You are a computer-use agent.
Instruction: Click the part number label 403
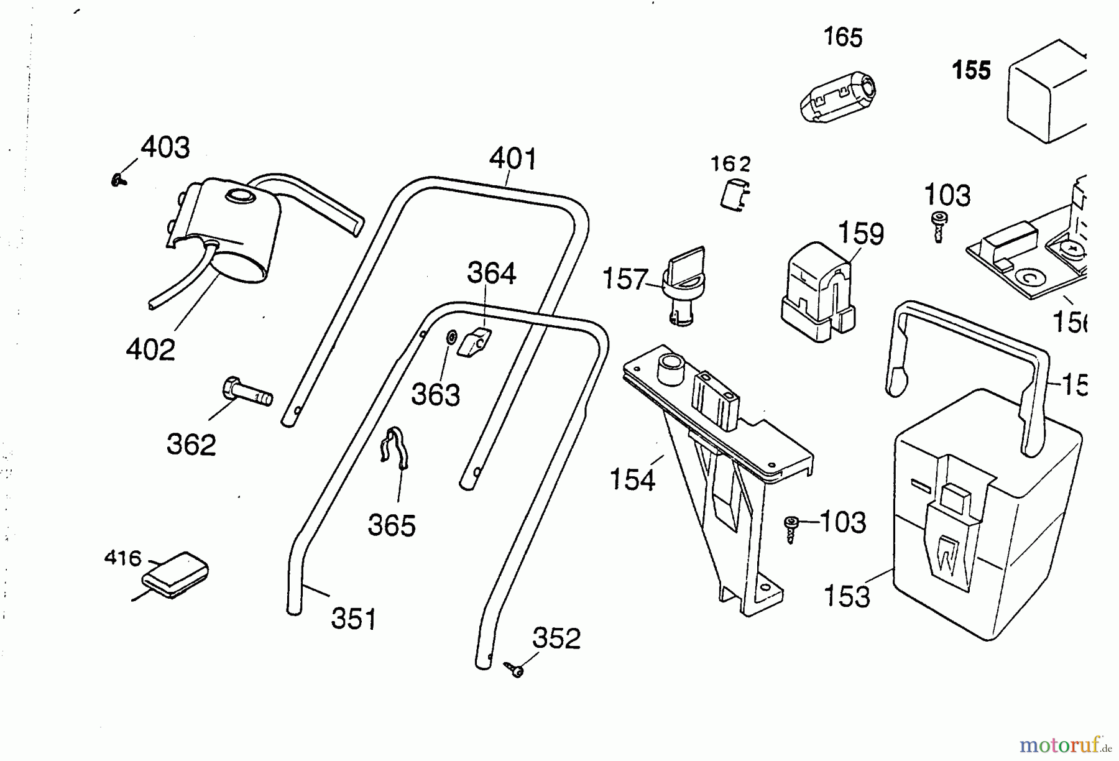(165, 148)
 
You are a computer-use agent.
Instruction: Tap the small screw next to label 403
(117, 180)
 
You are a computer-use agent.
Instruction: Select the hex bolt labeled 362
(246, 392)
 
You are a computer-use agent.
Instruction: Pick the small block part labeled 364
(475, 341)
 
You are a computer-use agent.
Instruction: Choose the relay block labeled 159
(817, 292)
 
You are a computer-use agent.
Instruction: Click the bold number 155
(972, 70)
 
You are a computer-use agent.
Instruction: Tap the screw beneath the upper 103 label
(938, 226)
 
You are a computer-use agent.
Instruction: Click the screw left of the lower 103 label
(791, 528)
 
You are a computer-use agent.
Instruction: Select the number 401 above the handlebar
(513, 159)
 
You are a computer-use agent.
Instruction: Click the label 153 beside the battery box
(847, 597)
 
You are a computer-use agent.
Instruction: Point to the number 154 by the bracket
(632, 480)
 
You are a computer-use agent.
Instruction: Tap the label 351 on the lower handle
(354, 619)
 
